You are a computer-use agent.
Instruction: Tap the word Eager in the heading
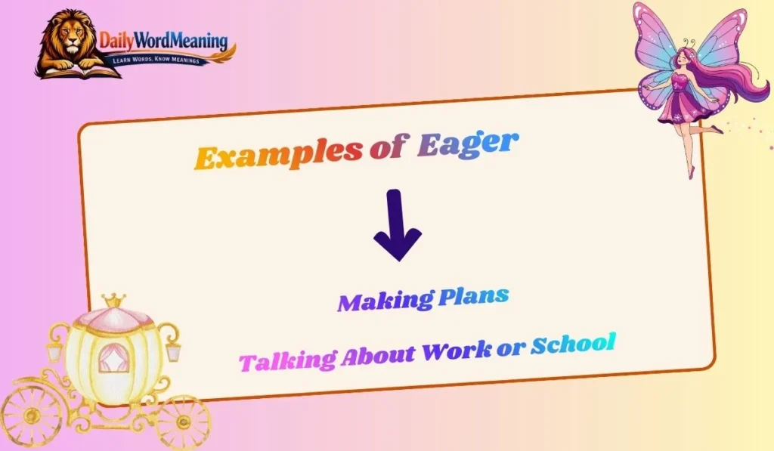(469, 144)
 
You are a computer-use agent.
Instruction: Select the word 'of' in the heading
(389, 150)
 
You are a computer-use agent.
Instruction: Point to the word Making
(385, 301)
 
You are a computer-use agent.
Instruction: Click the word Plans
(473, 296)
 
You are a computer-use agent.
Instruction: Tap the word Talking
(286, 359)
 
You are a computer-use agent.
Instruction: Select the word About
(377, 354)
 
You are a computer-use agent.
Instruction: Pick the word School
(572, 344)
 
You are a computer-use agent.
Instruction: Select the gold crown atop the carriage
(114, 301)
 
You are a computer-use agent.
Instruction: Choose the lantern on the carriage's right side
(173, 351)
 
